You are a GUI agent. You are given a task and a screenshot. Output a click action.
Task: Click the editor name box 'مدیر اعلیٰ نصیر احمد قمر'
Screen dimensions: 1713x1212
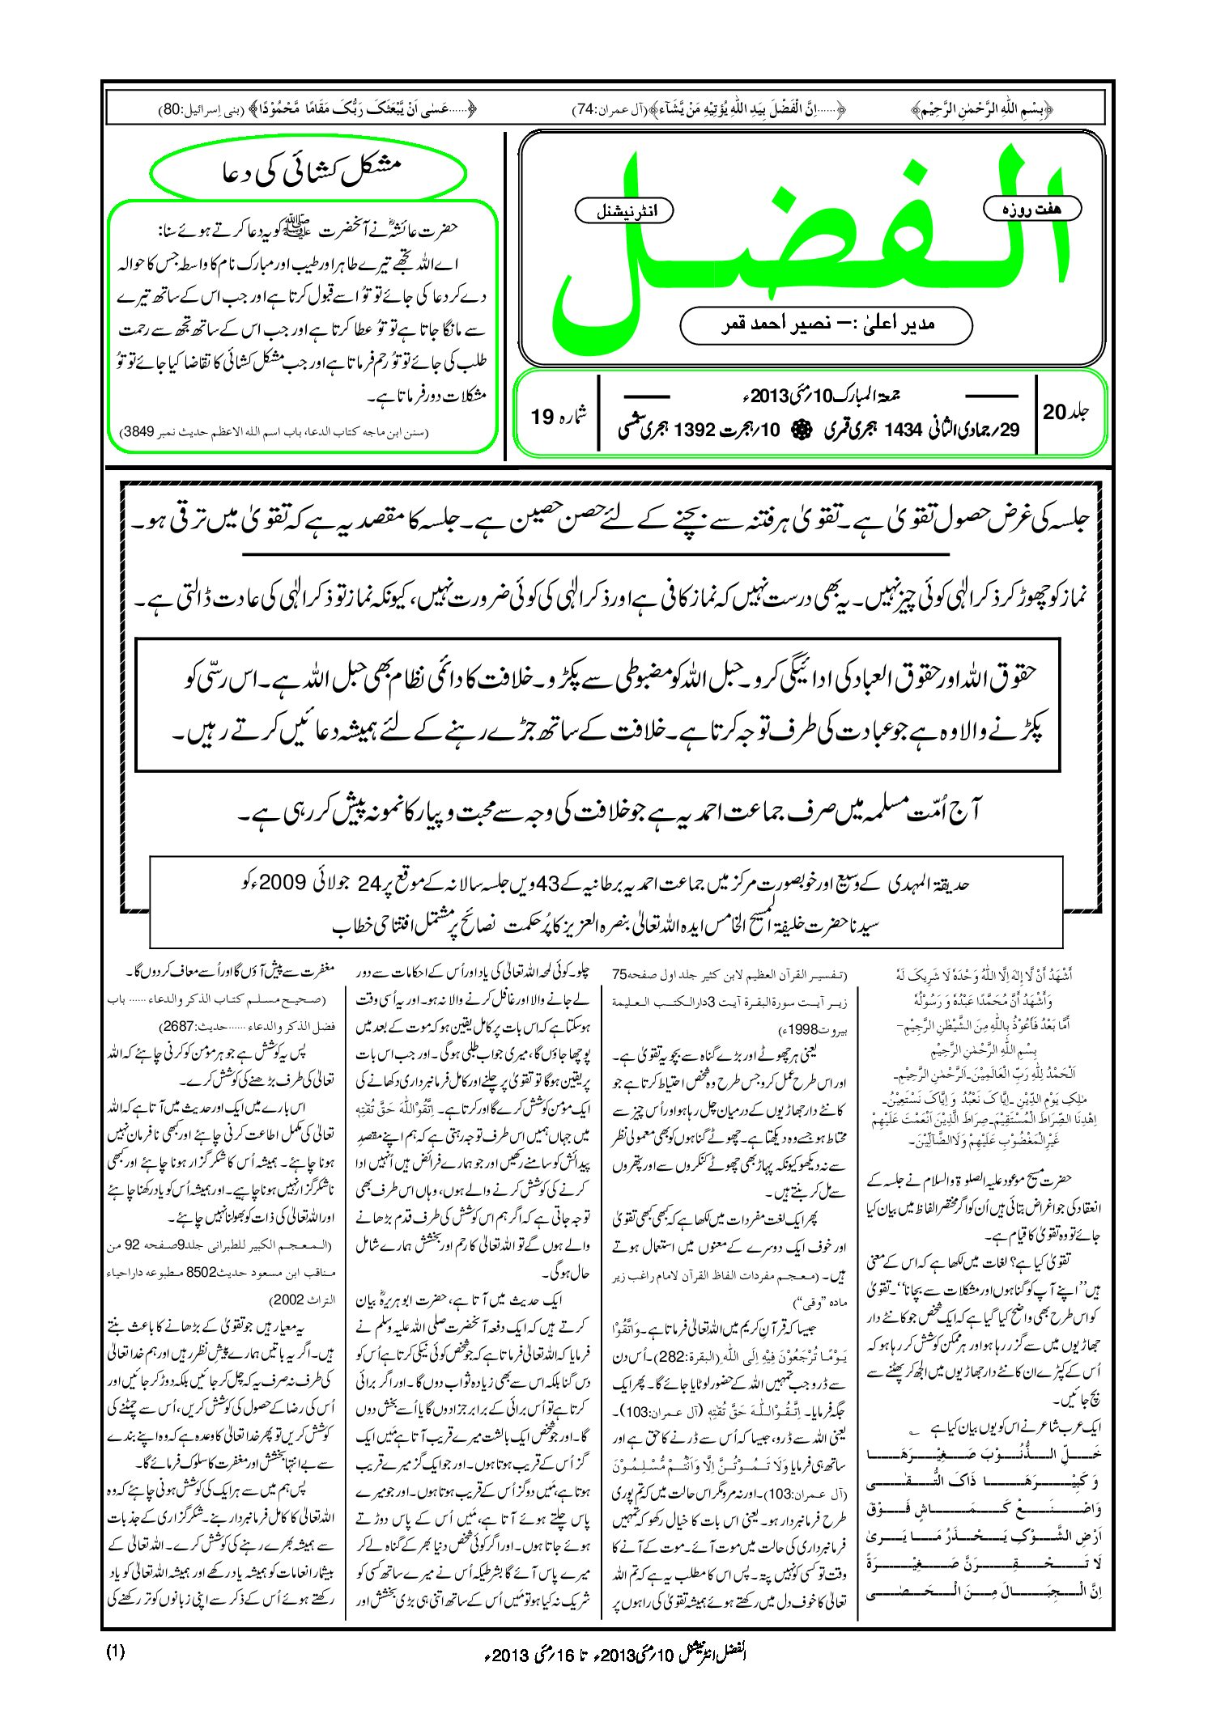click(826, 324)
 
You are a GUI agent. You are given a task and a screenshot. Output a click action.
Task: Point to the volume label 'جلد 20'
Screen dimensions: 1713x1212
click(1065, 411)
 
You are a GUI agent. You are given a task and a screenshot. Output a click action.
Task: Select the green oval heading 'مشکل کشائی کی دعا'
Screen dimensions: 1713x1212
click(309, 173)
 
